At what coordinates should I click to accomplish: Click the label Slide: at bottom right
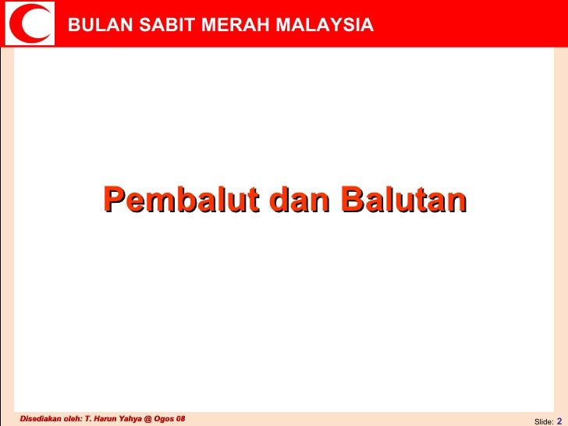pos(543,421)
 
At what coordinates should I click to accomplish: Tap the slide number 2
pos(559,420)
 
